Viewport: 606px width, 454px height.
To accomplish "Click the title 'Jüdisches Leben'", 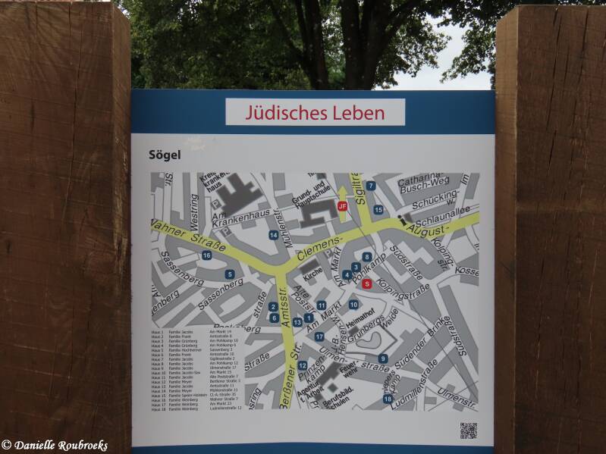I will (315, 113).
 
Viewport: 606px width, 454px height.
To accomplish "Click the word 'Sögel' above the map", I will (164, 154).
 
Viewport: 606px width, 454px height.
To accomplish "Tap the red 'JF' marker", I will (342, 205).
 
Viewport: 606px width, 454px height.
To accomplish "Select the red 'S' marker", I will (367, 284).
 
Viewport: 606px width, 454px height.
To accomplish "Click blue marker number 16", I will (206, 255).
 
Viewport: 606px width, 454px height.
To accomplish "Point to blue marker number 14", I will (273, 235).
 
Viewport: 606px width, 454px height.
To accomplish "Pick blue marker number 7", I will (370, 186).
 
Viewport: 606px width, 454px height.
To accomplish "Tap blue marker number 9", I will (383, 359).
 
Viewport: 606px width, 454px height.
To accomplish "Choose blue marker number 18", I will (388, 399).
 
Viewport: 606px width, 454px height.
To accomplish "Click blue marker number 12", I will (302, 365).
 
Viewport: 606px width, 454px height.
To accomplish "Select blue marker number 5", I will (230, 274).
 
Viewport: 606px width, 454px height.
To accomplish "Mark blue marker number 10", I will (353, 305).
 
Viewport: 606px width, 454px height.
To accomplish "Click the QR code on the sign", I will (468, 430).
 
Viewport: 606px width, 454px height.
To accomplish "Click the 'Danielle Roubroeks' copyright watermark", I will (55, 446).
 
